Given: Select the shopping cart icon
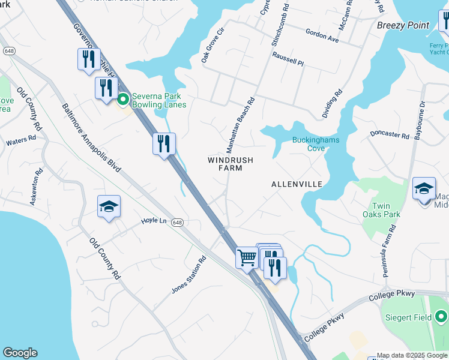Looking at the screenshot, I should pos(247,258).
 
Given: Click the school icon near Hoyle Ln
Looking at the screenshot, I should pos(109,207).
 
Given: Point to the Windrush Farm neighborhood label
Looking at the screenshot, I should pos(231,164).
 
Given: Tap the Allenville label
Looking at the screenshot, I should pos(297,184).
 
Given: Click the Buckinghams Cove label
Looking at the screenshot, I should pos(316,144).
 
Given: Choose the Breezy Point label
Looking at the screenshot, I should pos(403,25).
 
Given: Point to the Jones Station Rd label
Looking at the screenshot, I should pos(188,275).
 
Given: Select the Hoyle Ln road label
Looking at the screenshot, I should pos(153,221).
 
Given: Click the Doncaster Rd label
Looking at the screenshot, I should pos(389,134).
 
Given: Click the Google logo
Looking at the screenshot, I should pos(20,353).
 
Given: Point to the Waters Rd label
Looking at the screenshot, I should pos(21,143).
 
